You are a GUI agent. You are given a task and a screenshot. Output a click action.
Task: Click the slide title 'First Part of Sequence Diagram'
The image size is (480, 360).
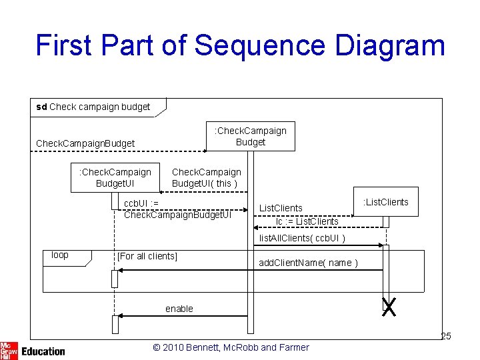[240, 45]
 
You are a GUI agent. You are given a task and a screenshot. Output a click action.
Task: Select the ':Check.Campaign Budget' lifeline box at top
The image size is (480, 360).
[250, 136]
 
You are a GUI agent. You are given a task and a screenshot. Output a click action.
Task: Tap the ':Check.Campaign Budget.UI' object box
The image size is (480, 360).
[115, 177]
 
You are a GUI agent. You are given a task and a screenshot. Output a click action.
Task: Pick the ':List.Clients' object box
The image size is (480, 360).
[386, 202]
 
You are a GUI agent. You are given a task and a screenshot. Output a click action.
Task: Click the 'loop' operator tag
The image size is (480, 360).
[60, 255]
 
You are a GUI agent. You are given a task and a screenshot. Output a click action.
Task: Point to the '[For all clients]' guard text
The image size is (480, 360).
[147, 256]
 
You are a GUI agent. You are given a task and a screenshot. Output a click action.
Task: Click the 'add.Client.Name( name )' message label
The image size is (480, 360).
[308, 263]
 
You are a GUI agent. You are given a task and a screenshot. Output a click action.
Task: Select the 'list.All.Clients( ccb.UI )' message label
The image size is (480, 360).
[302, 238]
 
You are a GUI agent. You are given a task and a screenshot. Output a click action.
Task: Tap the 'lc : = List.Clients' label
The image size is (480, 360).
[307, 221]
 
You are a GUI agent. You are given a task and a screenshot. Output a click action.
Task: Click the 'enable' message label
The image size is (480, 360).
[179, 309]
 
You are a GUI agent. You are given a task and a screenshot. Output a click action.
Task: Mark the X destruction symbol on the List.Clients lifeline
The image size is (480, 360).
[388, 307]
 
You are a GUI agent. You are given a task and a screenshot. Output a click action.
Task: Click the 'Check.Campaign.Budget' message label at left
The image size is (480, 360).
[85, 143]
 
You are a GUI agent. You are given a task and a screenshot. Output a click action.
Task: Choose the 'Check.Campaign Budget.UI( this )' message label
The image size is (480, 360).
[206, 178]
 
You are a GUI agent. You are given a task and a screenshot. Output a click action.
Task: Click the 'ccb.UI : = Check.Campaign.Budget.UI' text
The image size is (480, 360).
[177, 209]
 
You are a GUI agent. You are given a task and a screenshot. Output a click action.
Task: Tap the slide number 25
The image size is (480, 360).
[446, 336]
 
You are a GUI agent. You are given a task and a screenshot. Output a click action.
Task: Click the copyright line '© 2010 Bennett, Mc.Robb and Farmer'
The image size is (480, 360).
[231, 347]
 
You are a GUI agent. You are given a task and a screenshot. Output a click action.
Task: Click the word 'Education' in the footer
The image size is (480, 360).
[43, 351]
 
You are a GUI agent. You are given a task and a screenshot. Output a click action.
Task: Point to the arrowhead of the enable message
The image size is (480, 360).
[119, 315]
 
